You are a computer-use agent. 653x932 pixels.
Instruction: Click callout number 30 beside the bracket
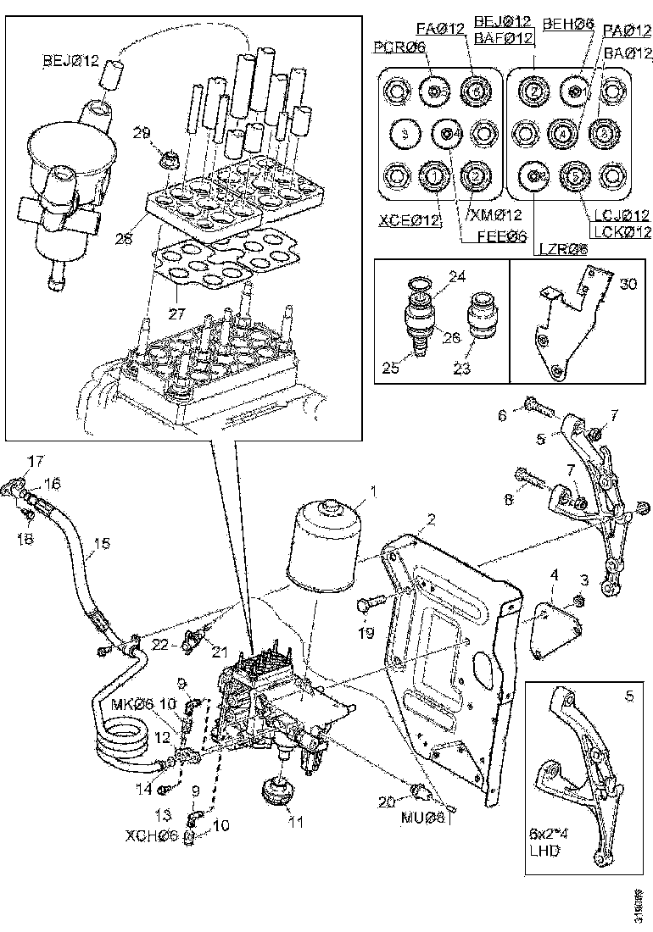(628, 284)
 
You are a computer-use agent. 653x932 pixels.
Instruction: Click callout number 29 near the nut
(142, 132)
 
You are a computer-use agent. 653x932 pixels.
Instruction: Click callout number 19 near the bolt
(365, 632)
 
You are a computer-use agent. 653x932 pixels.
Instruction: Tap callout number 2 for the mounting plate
(431, 519)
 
